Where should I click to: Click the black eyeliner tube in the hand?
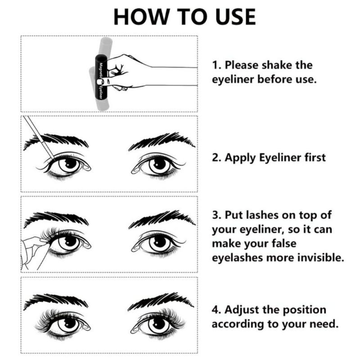101,77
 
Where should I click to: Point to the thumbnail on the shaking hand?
99,82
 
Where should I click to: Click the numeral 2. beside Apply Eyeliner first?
217,157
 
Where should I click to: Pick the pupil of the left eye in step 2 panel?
70,163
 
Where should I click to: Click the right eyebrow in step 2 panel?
162,140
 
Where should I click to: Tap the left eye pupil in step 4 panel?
69,323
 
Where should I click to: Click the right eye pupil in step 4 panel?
159,324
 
